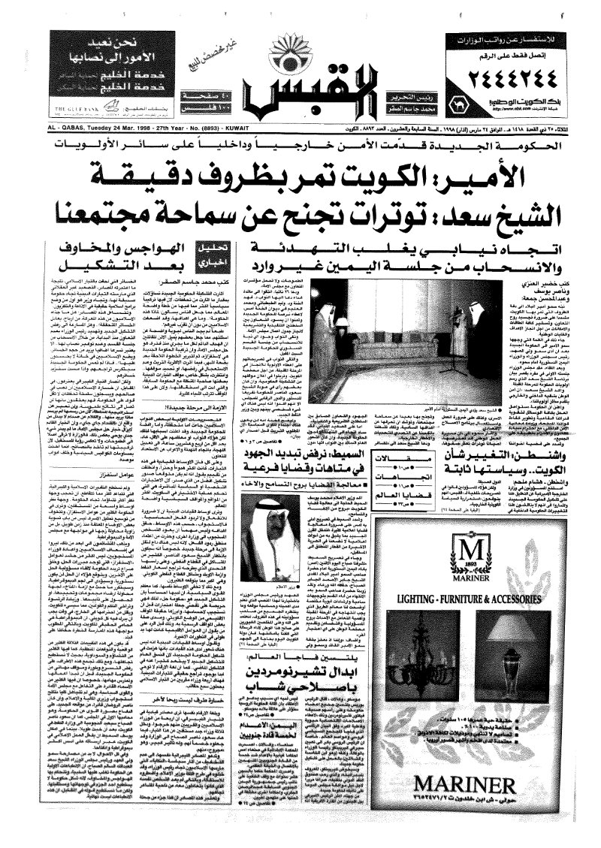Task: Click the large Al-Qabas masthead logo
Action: pos(298,98)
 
